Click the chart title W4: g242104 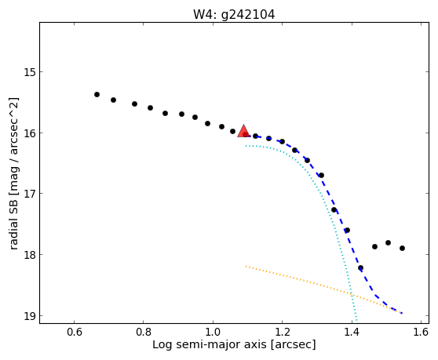234,15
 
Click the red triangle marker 243,131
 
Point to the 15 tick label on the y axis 30,72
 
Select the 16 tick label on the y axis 30,133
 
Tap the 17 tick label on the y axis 30,194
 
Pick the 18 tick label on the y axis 30,255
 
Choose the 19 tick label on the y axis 30,315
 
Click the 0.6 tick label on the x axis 75,332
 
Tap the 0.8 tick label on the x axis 144,332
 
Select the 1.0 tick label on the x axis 213,332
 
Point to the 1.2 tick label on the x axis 283,332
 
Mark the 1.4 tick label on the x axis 352,332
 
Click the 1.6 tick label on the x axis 421,332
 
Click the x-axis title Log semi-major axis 210,345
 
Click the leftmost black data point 97,95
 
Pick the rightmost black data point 402,248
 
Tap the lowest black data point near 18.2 360,268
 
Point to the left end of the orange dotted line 246,267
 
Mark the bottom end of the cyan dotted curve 356,320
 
